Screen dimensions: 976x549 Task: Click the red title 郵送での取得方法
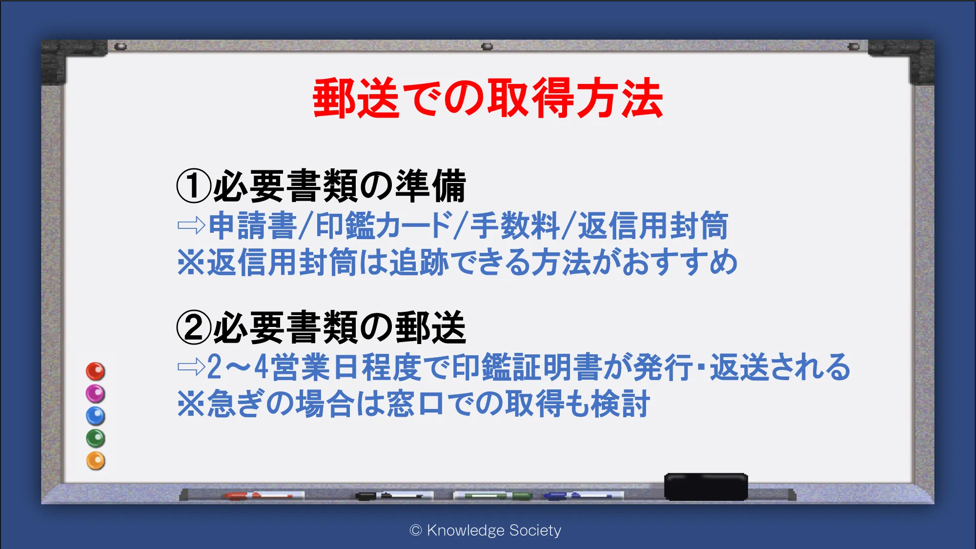[x=488, y=98]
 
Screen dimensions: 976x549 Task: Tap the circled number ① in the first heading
[x=194, y=186]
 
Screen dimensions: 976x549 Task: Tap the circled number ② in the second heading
[x=194, y=327]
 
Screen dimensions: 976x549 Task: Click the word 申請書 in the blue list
[x=252, y=225]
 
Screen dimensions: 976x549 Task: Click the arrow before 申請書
[x=191, y=225]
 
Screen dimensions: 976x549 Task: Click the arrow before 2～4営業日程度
[x=191, y=367]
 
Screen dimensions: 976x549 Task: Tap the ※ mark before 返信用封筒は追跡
[x=191, y=263]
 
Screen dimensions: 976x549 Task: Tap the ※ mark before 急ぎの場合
[x=191, y=404]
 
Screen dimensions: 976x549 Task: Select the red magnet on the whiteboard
[x=96, y=371]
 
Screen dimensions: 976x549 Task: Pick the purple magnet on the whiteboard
[x=96, y=393]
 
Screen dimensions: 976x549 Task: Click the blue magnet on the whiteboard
[x=96, y=416]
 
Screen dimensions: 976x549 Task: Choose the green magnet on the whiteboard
[x=96, y=438]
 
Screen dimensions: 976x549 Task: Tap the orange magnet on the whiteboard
[x=96, y=461]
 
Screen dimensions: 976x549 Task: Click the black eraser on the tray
[x=706, y=487]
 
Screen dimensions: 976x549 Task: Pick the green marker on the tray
[x=493, y=496]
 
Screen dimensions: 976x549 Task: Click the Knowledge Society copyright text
[x=486, y=530]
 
